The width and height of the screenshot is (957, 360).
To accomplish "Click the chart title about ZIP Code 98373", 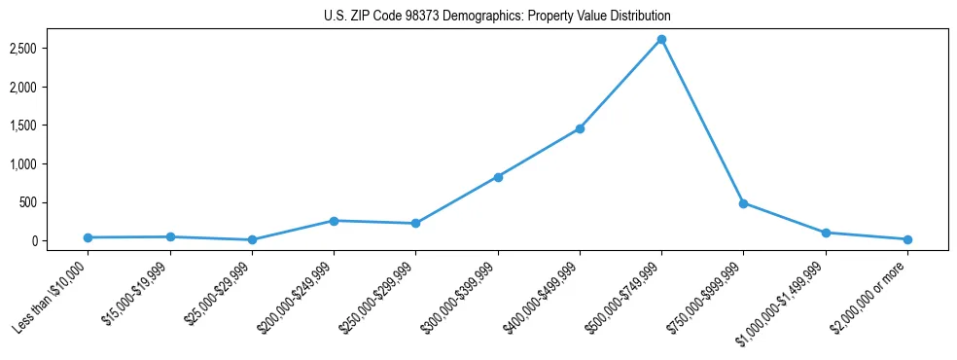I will (x=497, y=17).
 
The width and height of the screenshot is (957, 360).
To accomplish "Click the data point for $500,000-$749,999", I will (x=661, y=39).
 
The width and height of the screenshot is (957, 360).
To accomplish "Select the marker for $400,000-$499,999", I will (x=580, y=128).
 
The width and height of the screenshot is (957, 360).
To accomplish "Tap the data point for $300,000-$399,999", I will (x=498, y=177).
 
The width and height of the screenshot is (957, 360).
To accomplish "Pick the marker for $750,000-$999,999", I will (x=743, y=203).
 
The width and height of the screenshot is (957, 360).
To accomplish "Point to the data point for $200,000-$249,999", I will (x=334, y=221).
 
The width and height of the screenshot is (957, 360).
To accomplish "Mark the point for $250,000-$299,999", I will (x=415, y=224).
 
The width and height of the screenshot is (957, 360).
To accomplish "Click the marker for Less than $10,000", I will (x=88, y=237).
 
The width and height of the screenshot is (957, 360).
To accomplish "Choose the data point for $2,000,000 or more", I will (x=907, y=239).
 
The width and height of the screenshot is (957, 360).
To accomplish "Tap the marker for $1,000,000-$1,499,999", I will (x=826, y=233).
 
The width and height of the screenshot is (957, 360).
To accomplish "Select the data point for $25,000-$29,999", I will (x=252, y=239).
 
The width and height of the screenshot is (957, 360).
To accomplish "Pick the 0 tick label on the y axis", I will (x=60, y=241).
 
